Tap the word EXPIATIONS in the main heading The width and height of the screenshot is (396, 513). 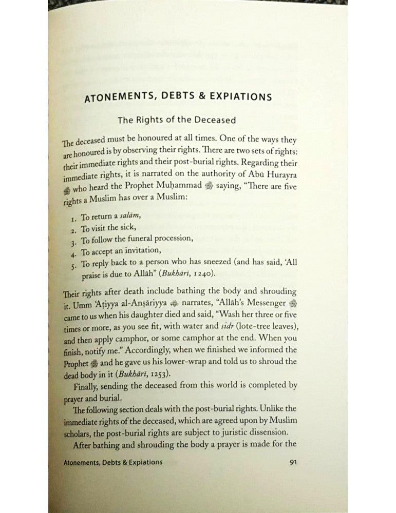234,96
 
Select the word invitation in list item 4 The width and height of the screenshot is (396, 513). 142,251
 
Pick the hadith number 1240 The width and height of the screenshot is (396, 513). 203,273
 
